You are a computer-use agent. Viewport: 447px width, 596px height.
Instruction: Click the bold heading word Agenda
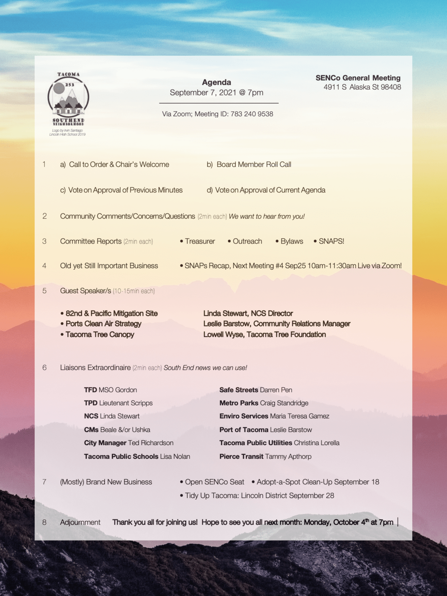(x=216, y=82)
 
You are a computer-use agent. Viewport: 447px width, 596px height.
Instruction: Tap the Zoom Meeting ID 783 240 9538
(x=252, y=114)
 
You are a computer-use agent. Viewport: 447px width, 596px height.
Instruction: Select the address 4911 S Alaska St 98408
(x=362, y=87)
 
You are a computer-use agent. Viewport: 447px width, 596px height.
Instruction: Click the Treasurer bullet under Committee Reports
(x=200, y=241)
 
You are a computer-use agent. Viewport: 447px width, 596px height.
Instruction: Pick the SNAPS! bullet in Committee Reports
(x=331, y=241)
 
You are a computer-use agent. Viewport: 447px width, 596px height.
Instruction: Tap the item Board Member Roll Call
(x=254, y=165)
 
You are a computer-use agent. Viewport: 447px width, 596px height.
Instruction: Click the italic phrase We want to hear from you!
(x=267, y=216)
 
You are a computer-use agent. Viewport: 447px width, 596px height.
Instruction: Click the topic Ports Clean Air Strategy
(x=103, y=324)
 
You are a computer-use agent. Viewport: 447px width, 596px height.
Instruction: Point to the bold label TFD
(x=90, y=390)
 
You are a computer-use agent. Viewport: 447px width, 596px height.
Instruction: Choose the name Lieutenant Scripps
(x=126, y=403)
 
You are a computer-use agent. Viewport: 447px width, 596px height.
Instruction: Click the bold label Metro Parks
(x=239, y=403)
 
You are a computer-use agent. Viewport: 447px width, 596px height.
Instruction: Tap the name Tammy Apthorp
(x=288, y=457)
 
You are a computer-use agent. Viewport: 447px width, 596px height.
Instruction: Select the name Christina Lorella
(x=317, y=443)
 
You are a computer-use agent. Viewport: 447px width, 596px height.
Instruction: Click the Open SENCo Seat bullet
(x=214, y=482)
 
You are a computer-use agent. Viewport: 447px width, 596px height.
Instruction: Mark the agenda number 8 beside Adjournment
(x=44, y=522)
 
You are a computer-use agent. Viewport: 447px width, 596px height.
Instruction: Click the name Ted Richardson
(x=151, y=443)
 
